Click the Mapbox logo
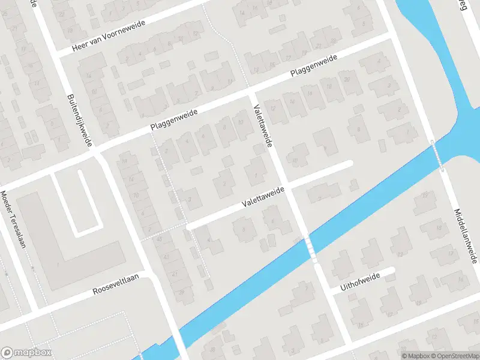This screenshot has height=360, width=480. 26,353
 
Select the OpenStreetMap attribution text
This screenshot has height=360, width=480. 455,356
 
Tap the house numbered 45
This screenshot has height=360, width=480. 160,239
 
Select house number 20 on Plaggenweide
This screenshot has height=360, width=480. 346,80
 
